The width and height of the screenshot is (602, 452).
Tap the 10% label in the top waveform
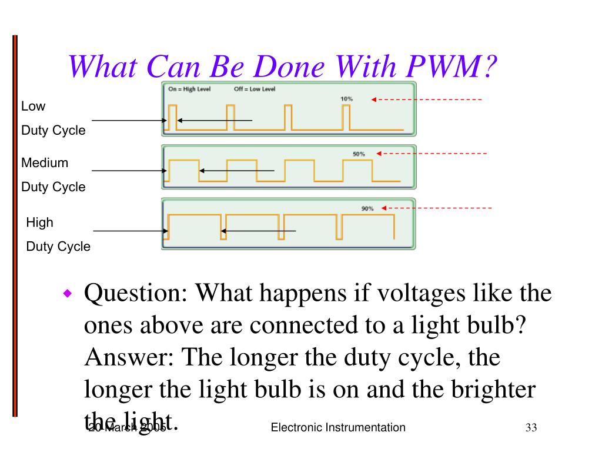(x=347, y=99)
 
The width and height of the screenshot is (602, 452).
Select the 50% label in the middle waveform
(x=359, y=154)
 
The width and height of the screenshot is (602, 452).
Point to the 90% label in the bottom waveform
(x=367, y=208)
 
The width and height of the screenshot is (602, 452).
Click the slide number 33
(x=531, y=427)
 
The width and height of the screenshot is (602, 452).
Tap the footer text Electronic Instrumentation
(x=338, y=427)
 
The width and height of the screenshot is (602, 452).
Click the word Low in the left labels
(x=33, y=107)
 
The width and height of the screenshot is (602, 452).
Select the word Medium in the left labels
(x=45, y=162)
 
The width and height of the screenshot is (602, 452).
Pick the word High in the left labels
(x=39, y=222)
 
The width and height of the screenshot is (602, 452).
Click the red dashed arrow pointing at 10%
(x=426, y=99)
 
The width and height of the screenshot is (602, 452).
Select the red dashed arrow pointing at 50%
(x=432, y=154)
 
